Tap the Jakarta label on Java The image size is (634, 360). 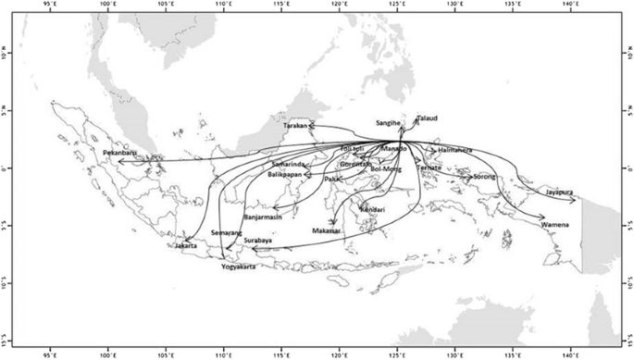tap(186, 246)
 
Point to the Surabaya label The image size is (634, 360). tap(257, 241)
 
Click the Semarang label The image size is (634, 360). tap(226, 232)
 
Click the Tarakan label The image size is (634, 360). tap(295, 125)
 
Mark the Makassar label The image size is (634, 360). tap(327, 230)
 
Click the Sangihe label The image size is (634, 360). tap(389, 122)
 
